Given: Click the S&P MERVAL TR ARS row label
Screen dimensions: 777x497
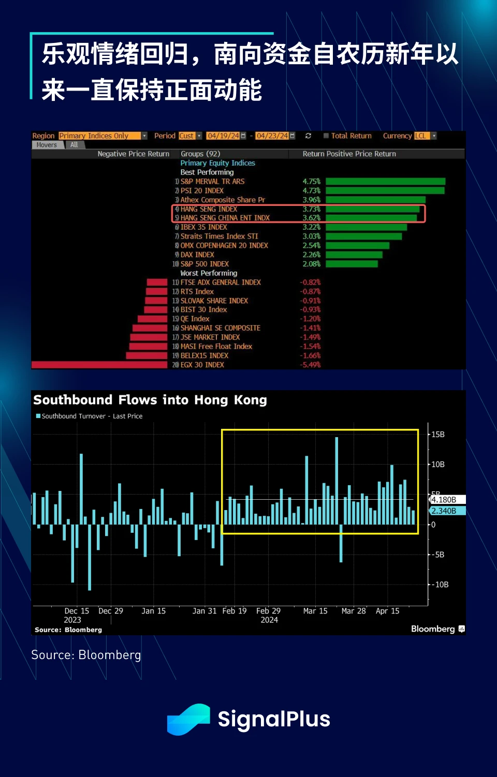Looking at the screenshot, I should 212,182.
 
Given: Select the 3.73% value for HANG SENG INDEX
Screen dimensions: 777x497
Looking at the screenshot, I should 311,209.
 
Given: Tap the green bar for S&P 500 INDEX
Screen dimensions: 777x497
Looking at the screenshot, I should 352,264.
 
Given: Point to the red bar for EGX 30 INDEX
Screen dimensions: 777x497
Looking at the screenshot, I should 99,365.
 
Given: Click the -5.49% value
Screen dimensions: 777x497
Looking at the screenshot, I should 310,365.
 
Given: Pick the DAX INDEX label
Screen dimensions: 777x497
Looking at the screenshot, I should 197,255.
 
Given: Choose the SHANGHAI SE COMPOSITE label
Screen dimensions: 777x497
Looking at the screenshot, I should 220,328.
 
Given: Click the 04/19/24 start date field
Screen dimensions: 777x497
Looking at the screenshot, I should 223,136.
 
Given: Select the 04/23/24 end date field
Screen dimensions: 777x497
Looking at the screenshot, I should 272,136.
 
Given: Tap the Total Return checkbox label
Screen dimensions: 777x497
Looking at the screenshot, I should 351,136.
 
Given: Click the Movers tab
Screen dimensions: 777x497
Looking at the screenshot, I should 47,145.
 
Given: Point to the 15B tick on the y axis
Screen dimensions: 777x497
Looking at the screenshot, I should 438,435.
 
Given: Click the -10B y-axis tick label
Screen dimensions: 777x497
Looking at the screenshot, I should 440,585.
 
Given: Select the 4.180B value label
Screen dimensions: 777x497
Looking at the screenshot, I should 445,500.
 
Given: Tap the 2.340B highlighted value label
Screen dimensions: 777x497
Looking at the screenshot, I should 445,511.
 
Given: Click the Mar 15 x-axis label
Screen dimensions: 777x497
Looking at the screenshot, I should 315,611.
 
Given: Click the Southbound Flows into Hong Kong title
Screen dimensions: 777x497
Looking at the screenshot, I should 150,400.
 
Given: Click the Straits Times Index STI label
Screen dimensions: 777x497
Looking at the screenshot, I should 219,236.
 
